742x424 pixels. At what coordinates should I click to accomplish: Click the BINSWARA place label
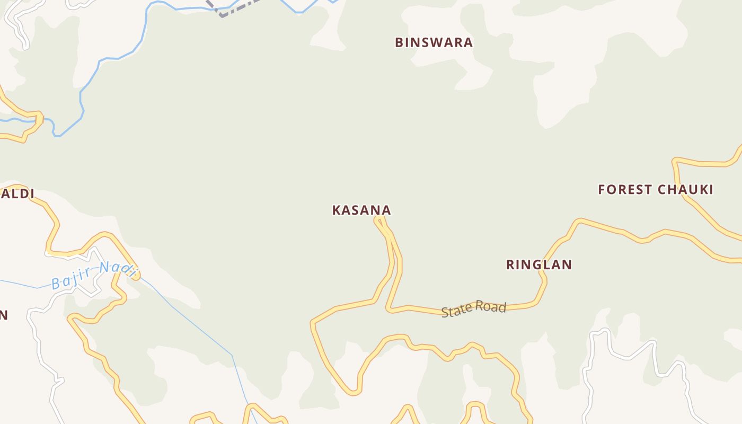[434, 43]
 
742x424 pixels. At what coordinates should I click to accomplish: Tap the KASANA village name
[361, 210]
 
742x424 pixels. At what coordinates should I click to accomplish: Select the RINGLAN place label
[539, 265]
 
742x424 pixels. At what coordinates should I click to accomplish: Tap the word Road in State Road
[491, 307]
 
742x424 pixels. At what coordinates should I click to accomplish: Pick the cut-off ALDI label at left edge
[17, 194]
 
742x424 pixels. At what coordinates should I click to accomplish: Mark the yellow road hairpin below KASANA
[380, 219]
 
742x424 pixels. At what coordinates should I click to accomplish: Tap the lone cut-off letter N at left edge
[3, 315]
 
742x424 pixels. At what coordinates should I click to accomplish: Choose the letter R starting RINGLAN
[511, 265]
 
